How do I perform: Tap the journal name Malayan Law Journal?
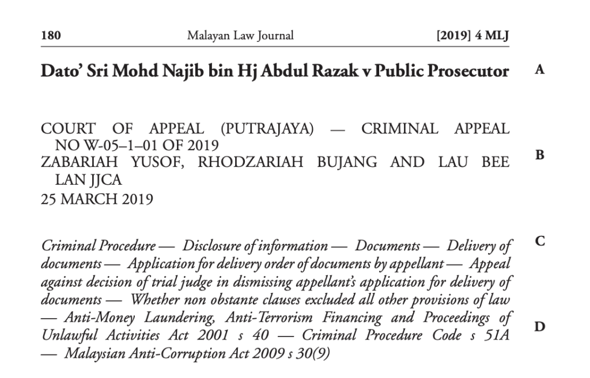click(x=240, y=36)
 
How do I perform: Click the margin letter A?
click(x=539, y=70)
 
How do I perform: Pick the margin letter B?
click(x=539, y=155)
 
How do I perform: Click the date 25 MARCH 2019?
click(x=97, y=200)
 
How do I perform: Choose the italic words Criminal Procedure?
click(x=99, y=246)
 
